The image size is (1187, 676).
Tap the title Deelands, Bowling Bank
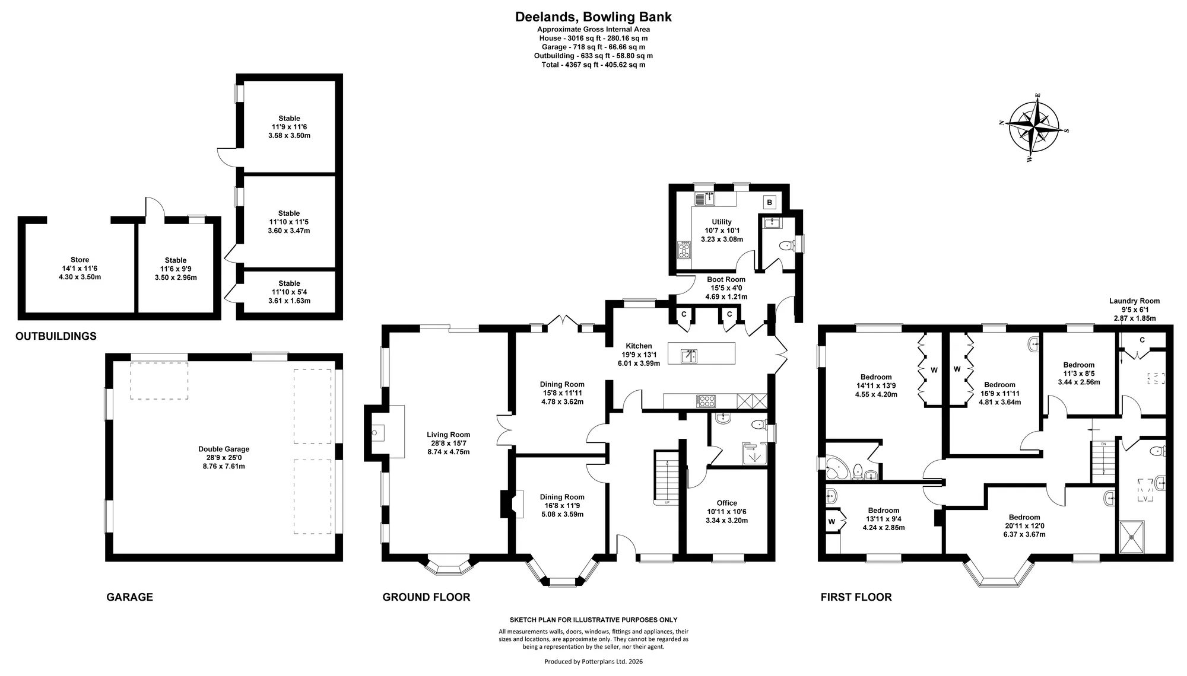click(593, 17)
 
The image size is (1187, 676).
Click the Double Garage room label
click(224, 458)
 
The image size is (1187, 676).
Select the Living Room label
click(448, 443)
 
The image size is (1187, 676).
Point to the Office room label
click(726, 512)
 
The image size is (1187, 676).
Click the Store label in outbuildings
click(80, 268)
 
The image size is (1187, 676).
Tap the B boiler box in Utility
click(770, 202)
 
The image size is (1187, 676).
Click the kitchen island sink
click(689, 356)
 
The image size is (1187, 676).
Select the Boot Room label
click(726, 288)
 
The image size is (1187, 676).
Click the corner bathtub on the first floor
click(837, 468)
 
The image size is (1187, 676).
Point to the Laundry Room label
click(1134, 310)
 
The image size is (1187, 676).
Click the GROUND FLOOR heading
click(426, 597)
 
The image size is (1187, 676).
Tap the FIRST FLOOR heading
click(856, 597)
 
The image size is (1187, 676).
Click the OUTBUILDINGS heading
click(56, 336)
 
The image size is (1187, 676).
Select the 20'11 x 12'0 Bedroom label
click(1024, 526)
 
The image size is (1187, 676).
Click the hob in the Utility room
click(684, 250)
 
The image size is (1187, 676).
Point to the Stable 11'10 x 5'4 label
click(289, 292)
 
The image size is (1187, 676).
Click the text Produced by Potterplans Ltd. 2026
click(593, 661)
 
